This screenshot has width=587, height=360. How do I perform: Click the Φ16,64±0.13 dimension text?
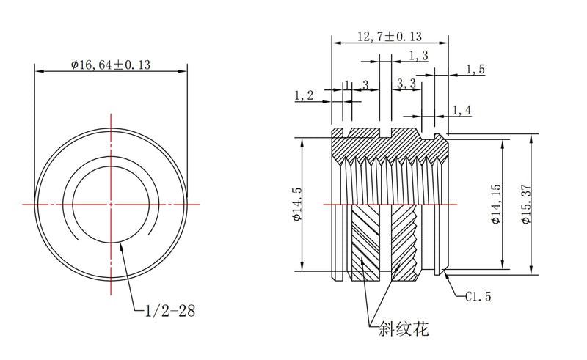(111, 65)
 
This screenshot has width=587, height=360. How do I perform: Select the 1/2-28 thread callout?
(170, 311)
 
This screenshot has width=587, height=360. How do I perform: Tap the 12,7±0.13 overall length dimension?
(390, 37)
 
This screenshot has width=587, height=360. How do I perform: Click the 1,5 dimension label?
(475, 69)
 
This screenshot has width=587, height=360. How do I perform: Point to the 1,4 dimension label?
(462, 110)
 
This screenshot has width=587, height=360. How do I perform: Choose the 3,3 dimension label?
(406, 84)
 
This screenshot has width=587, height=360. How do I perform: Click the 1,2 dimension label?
(304, 95)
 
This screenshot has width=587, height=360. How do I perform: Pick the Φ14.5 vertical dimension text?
(297, 205)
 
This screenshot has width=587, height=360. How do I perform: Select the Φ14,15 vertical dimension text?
(496, 204)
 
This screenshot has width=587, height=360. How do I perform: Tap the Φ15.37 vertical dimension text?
(526, 205)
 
